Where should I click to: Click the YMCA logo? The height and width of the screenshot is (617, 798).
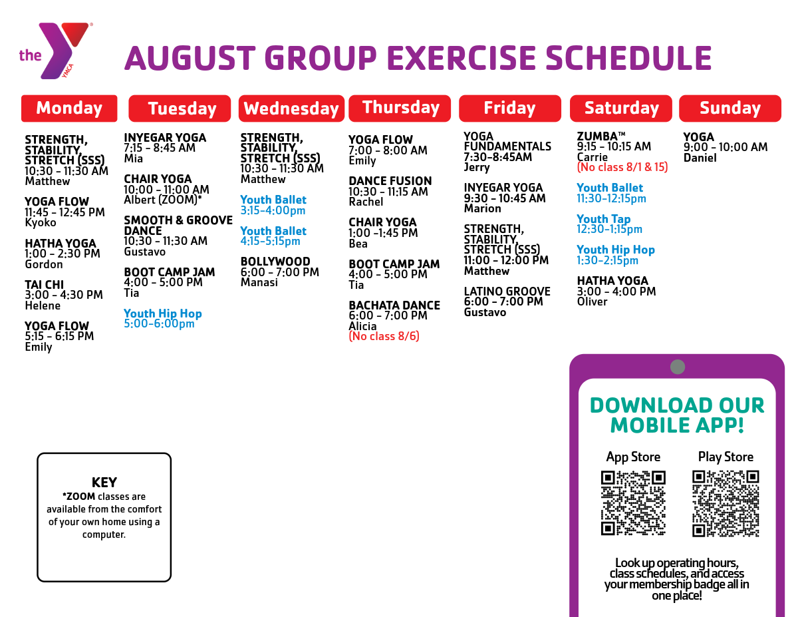click(56, 51)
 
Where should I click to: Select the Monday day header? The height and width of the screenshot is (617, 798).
click(69, 108)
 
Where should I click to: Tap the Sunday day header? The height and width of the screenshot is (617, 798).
click(730, 108)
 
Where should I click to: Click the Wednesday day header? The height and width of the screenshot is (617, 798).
click(291, 108)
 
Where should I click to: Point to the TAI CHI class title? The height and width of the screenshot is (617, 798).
click(44, 285)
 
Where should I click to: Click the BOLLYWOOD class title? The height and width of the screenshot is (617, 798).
click(275, 262)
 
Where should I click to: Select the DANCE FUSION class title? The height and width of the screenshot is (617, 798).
click(390, 181)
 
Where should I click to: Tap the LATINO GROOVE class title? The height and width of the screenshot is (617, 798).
click(507, 292)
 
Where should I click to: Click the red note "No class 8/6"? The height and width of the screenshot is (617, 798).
click(384, 336)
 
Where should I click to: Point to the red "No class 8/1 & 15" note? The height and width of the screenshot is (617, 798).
click(622, 167)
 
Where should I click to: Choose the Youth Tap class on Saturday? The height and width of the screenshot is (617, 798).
click(603, 219)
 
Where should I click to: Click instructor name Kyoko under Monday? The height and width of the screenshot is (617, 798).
click(41, 223)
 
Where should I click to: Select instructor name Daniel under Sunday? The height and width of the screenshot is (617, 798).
click(700, 158)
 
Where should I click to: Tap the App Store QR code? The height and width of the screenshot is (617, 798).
click(633, 503)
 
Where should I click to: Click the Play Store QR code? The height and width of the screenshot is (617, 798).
click(726, 503)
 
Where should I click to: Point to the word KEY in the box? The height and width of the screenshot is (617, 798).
click(104, 483)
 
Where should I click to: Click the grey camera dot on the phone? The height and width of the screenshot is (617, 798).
click(678, 367)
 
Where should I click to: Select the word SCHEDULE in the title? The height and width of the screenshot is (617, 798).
click(628, 58)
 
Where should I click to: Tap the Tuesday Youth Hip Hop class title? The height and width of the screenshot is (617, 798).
click(163, 313)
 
